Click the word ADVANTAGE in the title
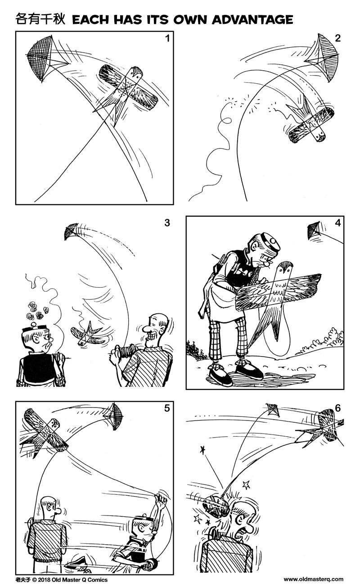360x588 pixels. [x=252, y=19]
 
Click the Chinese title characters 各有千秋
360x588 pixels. [x=41, y=19]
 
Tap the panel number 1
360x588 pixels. [x=167, y=38]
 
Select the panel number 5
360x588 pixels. [x=167, y=409]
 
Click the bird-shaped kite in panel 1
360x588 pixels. [x=128, y=90]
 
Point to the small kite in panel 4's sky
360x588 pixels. [x=314, y=231]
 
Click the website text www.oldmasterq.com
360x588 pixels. [x=313, y=579]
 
